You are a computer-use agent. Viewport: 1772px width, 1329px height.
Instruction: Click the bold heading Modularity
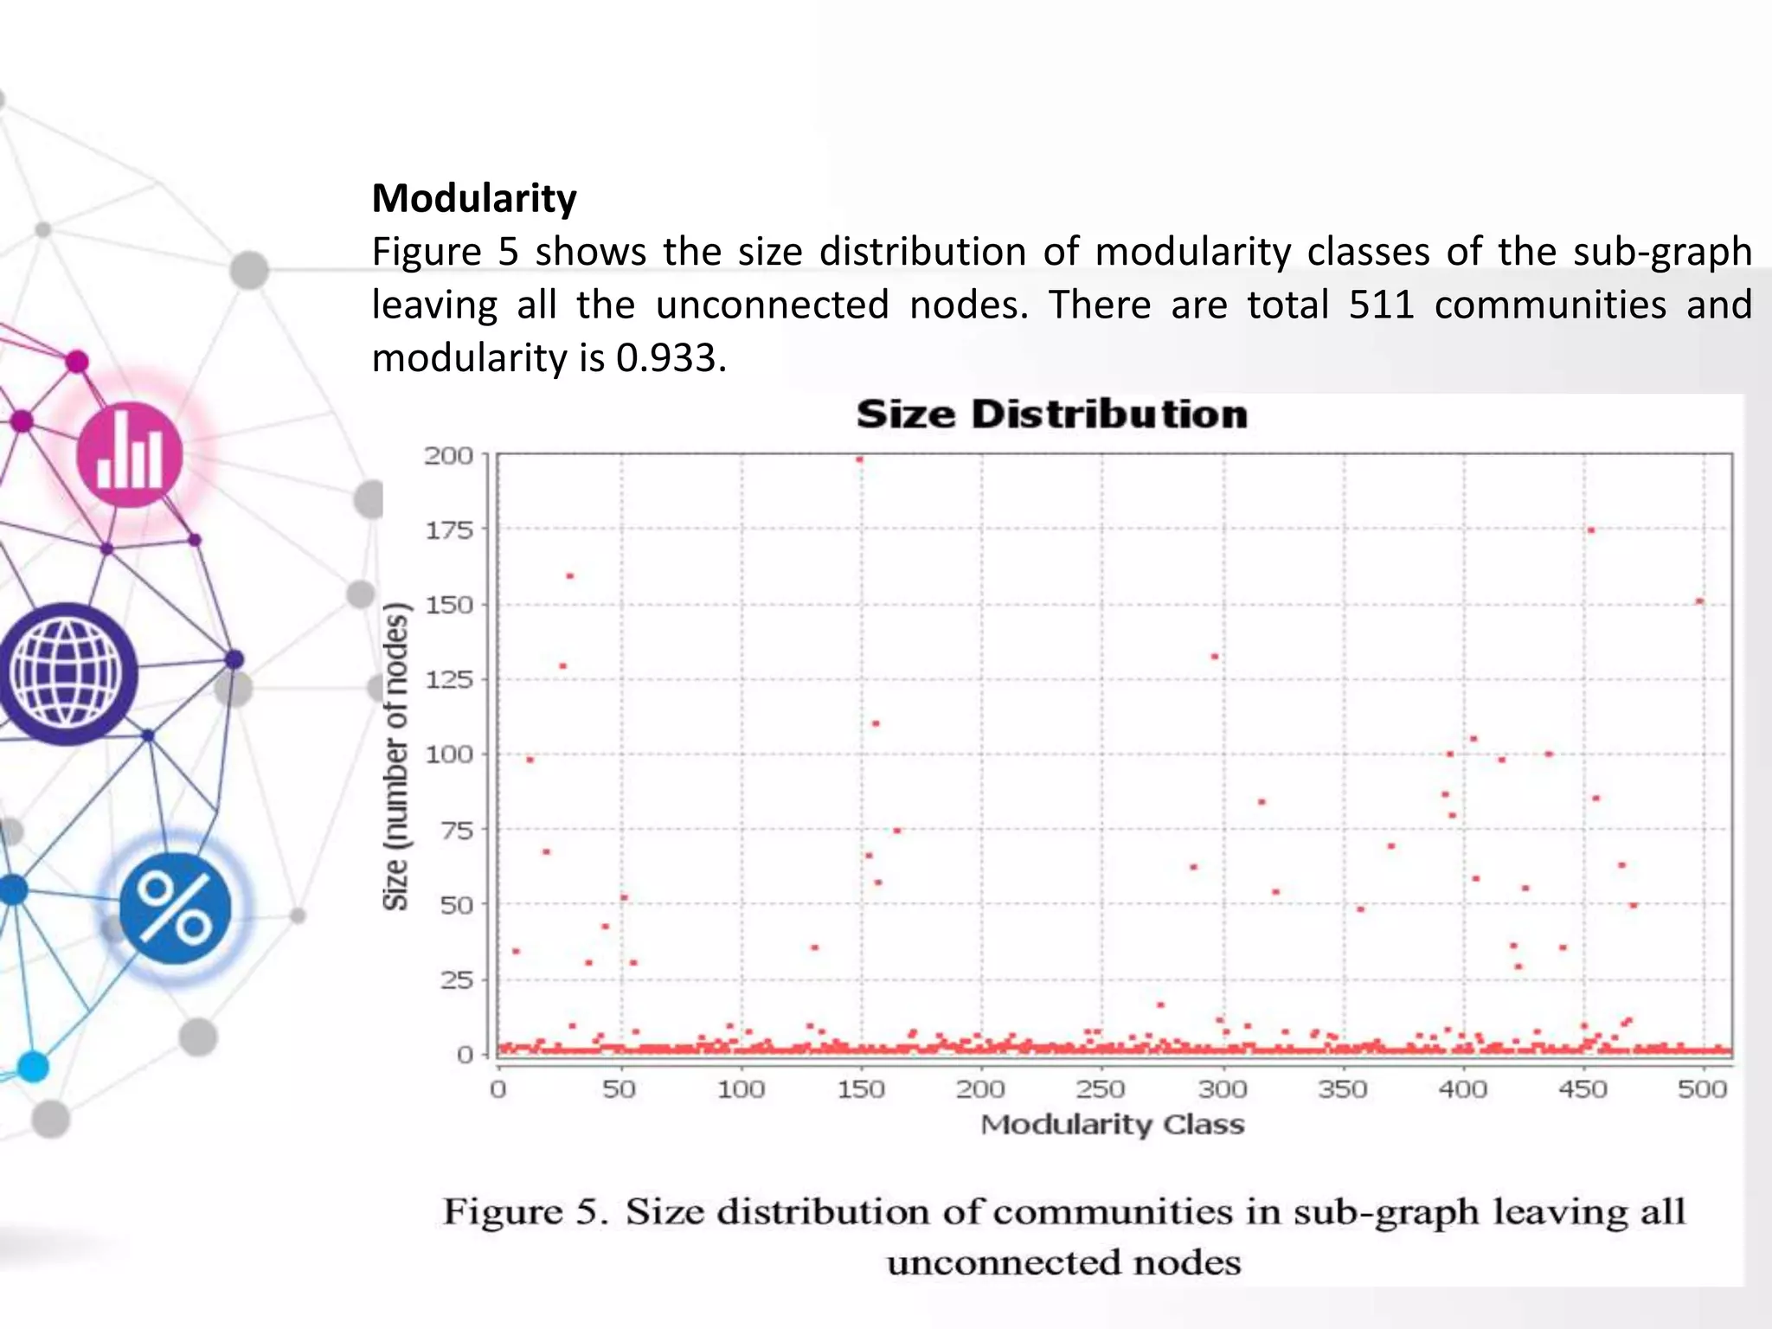[x=473, y=198]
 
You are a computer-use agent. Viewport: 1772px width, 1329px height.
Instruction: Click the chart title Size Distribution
[x=1051, y=414]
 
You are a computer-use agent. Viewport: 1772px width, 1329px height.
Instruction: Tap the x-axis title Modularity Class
[x=1112, y=1125]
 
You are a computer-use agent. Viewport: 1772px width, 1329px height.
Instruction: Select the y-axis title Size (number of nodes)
[x=395, y=756]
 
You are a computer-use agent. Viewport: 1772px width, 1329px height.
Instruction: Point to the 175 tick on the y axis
[x=449, y=530]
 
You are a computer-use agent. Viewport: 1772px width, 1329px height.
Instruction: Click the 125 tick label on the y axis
[x=449, y=680]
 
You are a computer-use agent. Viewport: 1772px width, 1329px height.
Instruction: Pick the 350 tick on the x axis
[x=1342, y=1089]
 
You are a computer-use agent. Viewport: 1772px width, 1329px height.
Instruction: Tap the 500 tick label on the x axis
[x=1702, y=1089]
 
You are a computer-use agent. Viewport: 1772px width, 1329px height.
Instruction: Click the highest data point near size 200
[x=859, y=459]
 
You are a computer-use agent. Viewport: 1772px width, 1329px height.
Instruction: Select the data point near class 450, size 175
[x=1590, y=530]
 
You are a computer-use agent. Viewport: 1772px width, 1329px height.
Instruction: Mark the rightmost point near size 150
[x=1699, y=601]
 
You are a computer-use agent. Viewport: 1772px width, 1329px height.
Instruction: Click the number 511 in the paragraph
[x=1381, y=305]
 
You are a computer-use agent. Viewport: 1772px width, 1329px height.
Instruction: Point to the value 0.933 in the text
[x=671, y=358]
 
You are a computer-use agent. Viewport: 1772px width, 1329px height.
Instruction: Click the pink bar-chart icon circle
[x=130, y=455]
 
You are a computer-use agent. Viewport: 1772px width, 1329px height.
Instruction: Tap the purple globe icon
[x=67, y=674]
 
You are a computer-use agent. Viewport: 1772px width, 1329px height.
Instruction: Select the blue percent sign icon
[x=176, y=908]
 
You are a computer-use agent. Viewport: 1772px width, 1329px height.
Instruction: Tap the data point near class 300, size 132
[x=1214, y=657]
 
